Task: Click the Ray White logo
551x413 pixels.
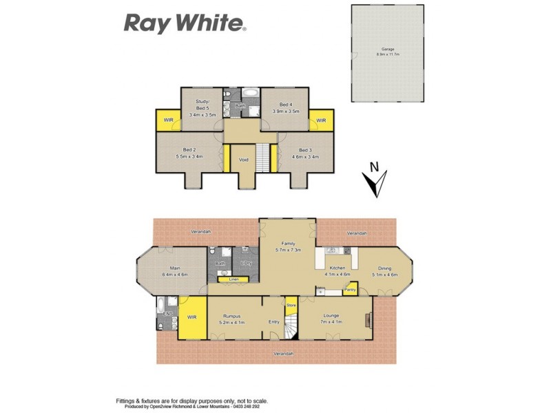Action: point(185,23)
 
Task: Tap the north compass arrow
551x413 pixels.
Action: point(374,180)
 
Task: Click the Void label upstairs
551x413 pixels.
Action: point(243,160)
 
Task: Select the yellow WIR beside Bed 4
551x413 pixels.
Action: point(320,120)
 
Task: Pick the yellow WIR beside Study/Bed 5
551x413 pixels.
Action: point(168,120)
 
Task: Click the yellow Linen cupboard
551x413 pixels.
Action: point(233,279)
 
